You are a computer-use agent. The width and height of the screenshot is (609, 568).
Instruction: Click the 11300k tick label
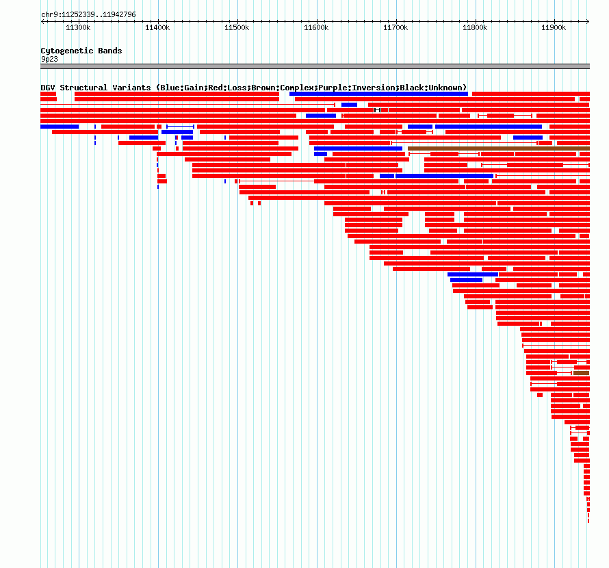pyautogui.click(x=78, y=28)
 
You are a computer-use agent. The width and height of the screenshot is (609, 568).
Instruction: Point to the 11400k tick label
pyautogui.click(x=157, y=28)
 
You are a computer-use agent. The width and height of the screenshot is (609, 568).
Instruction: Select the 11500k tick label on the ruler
pyautogui.click(x=237, y=28)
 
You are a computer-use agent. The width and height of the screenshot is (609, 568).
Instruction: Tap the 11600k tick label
pyautogui.click(x=316, y=28)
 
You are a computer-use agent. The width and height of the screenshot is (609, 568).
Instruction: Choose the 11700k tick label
pyautogui.click(x=396, y=28)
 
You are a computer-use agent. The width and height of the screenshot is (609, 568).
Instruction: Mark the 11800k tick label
pyautogui.click(x=475, y=28)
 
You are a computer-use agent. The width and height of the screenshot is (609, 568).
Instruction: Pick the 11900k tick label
pyautogui.click(x=554, y=28)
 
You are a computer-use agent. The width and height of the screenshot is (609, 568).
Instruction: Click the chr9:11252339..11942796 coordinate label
pyautogui.click(x=88, y=14)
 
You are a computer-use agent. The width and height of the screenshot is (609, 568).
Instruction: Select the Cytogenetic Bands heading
pyautogui.click(x=81, y=51)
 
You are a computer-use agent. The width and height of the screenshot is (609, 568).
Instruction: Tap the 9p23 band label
pyautogui.click(x=49, y=59)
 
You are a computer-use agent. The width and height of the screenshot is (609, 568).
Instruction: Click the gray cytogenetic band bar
pyautogui.click(x=315, y=66)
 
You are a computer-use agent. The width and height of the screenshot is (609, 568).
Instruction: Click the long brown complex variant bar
pyautogui.click(x=498, y=148)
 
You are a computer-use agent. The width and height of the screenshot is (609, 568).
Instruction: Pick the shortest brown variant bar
pyautogui.click(x=581, y=373)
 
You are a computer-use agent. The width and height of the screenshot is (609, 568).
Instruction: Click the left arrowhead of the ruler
pyautogui.click(x=42, y=21)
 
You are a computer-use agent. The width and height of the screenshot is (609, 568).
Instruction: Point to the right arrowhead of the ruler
pyautogui.click(x=587, y=21)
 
